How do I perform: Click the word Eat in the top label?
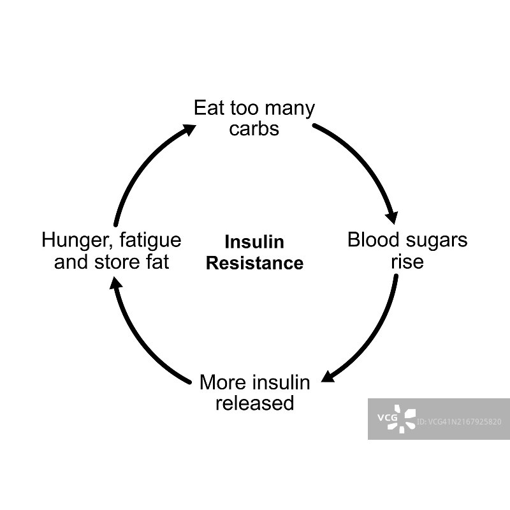[x=208, y=108]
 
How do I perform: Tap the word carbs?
[x=254, y=128]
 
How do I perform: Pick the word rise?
[x=407, y=261]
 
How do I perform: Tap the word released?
[x=254, y=403]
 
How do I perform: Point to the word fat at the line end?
[x=155, y=261]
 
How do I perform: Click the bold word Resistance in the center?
[x=254, y=263]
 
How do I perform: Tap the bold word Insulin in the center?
[x=254, y=243]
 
